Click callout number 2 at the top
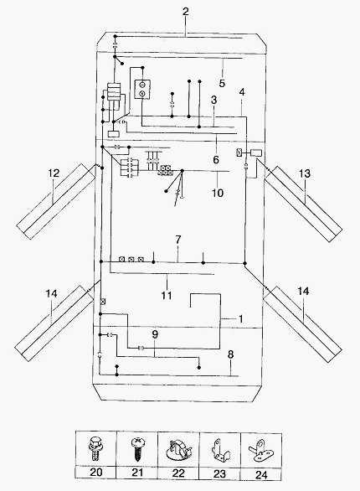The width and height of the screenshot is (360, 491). tap(186, 12)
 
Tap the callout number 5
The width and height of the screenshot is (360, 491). tap(222, 83)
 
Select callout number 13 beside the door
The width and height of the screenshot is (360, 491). tap(305, 173)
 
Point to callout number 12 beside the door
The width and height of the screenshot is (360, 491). tap(54, 173)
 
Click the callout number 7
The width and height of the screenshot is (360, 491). tap(178, 240)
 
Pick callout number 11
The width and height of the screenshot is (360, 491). tap(167, 295)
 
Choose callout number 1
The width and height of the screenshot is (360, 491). tap(240, 318)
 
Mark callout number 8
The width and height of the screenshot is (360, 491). tap(230, 354)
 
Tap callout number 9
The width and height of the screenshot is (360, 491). tap(155, 334)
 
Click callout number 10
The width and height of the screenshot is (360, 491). tap(218, 193)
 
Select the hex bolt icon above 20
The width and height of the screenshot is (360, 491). tap(95, 448)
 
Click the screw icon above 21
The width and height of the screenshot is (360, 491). tap(137, 449)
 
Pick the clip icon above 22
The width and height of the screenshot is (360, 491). tap(178, 450)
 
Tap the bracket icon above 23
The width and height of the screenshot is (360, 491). tap(220, 450)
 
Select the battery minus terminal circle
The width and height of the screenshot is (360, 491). tap(142, 85)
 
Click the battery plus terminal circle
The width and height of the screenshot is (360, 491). tap(142, 93)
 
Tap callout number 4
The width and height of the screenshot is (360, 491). tap(242, 92)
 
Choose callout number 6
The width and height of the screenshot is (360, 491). tap(216, 160)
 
